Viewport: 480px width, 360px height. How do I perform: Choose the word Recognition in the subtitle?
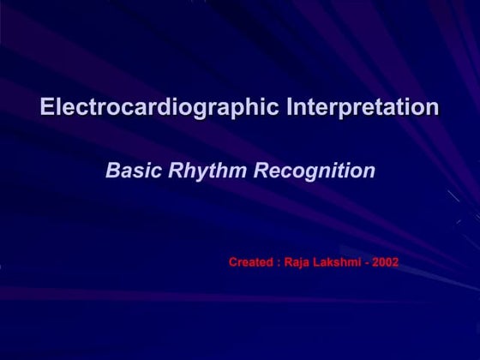tap(315, 171)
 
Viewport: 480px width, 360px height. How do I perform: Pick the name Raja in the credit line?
tap(297, 262)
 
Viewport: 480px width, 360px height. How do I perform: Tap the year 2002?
tap(386, 262)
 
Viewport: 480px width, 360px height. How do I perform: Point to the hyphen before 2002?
tap(366, 263)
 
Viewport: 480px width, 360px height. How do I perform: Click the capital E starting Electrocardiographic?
tap(47, 107)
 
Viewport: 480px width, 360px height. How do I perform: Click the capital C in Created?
tap(233, 262)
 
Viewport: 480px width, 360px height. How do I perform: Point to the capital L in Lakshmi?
tap(316, 262)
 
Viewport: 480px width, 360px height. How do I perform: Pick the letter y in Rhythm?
tap(194, 173)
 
